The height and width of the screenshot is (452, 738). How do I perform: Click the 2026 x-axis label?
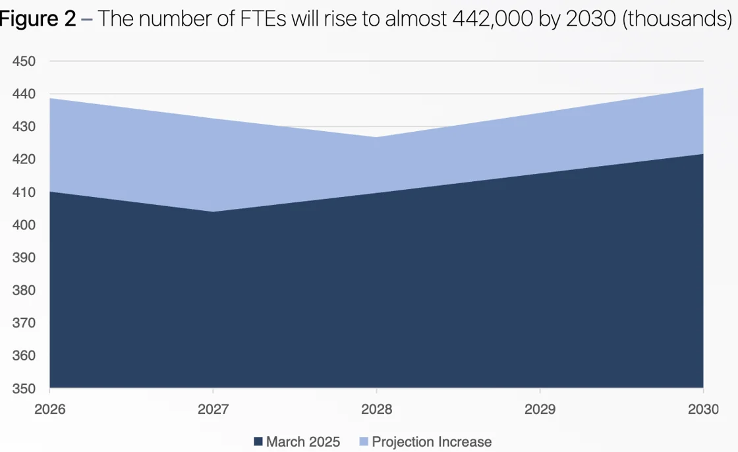click(x=50, y=409)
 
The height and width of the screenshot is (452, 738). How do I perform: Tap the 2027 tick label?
click(x=213, y=409)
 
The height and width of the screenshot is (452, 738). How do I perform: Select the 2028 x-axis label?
click(x=377, y=409)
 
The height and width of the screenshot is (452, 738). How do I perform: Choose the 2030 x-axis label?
click(x=703, y=409)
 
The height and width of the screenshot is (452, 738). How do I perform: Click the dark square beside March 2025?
click(x=258, y=441)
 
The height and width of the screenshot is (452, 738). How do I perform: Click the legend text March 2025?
click(x=302, y=441)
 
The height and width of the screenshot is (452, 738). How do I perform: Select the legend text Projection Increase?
click(x=432, y=441)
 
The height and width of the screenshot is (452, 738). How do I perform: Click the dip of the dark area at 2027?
click(x=213, y=212)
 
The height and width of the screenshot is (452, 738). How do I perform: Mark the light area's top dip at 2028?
click(x=376, y=137)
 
